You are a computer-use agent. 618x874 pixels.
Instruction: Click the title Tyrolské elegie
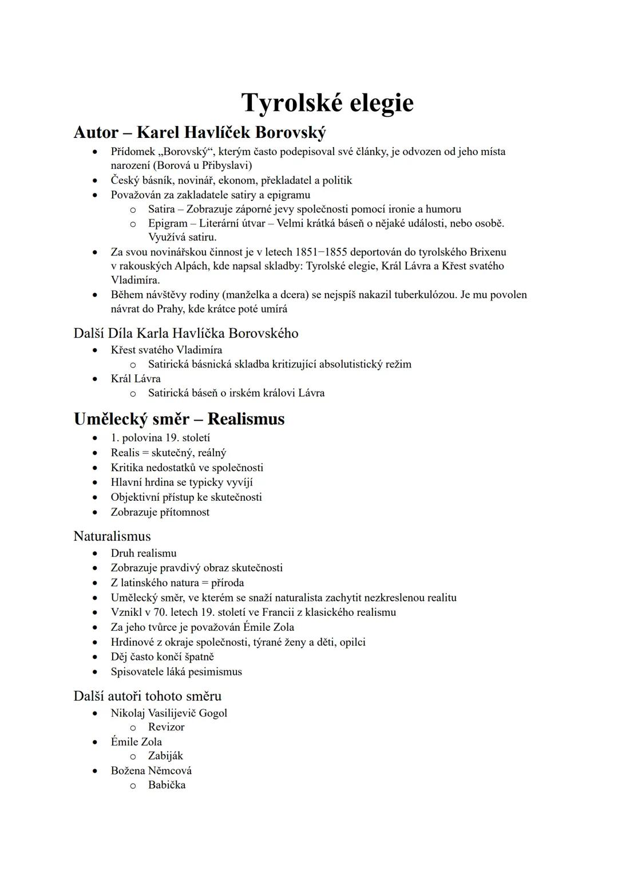[x=327, y=103]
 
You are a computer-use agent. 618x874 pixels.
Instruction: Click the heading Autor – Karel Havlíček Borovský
[x=200, y=133]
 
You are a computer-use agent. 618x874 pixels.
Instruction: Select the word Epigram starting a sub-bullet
[x=168, y=223]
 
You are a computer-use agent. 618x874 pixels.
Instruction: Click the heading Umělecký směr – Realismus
[x=179, y=419]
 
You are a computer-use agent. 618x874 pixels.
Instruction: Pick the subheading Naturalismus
[x=112, y=536]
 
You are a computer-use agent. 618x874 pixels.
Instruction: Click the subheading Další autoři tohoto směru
[x=147, y=696]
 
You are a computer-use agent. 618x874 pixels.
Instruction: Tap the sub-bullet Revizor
[x=166, y=727]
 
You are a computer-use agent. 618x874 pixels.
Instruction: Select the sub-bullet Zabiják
[x=165, y=756]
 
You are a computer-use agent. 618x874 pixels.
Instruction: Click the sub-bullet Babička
[x=167, y=785]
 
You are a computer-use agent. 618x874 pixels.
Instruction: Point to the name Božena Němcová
[x=151, y=770]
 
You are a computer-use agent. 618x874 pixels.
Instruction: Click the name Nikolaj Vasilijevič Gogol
[x=169, y=713]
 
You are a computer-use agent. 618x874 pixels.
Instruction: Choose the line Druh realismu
[x=144, y=553]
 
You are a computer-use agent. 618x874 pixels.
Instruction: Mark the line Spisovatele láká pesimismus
[x=176, y=672]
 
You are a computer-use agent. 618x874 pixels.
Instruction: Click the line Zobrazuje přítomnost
[x=160, y=512]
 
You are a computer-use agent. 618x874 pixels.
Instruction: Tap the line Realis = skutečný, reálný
[x=168, y=453]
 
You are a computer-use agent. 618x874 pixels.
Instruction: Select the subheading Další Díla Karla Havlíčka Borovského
[x=186, y=333]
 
